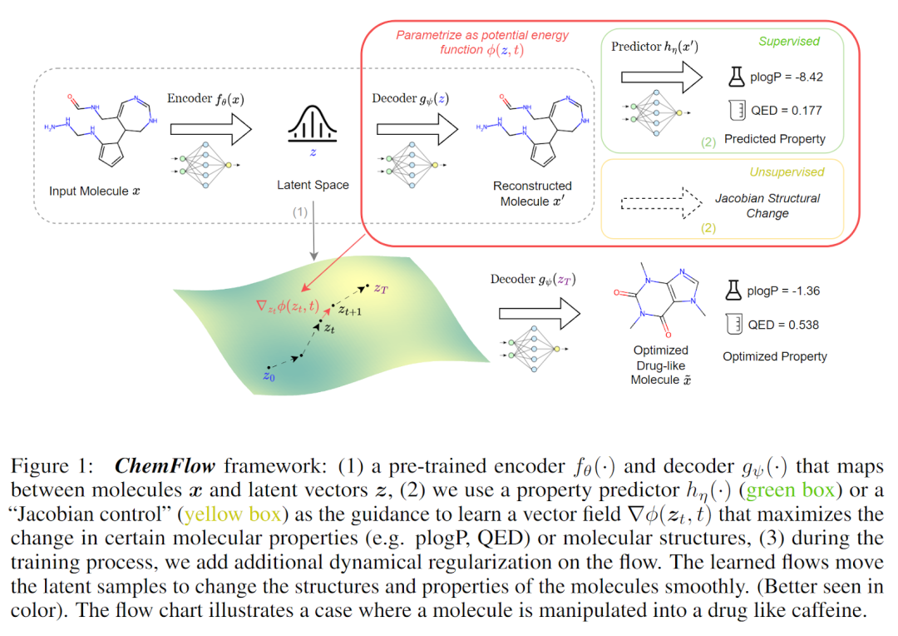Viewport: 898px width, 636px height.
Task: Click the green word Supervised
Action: [788, 41]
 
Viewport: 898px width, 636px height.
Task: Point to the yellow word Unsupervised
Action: [786, 171]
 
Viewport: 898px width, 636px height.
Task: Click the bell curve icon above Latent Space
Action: [312, 127]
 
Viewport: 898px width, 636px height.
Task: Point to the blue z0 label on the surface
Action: [268, 376]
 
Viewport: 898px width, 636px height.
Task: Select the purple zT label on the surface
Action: [381, 288]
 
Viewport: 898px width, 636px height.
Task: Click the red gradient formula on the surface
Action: [287, 306]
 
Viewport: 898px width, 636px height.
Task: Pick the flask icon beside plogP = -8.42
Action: [734, 77]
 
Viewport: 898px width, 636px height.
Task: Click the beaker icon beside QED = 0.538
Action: [733, 325]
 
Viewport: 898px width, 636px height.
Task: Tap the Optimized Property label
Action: [774, 356]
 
